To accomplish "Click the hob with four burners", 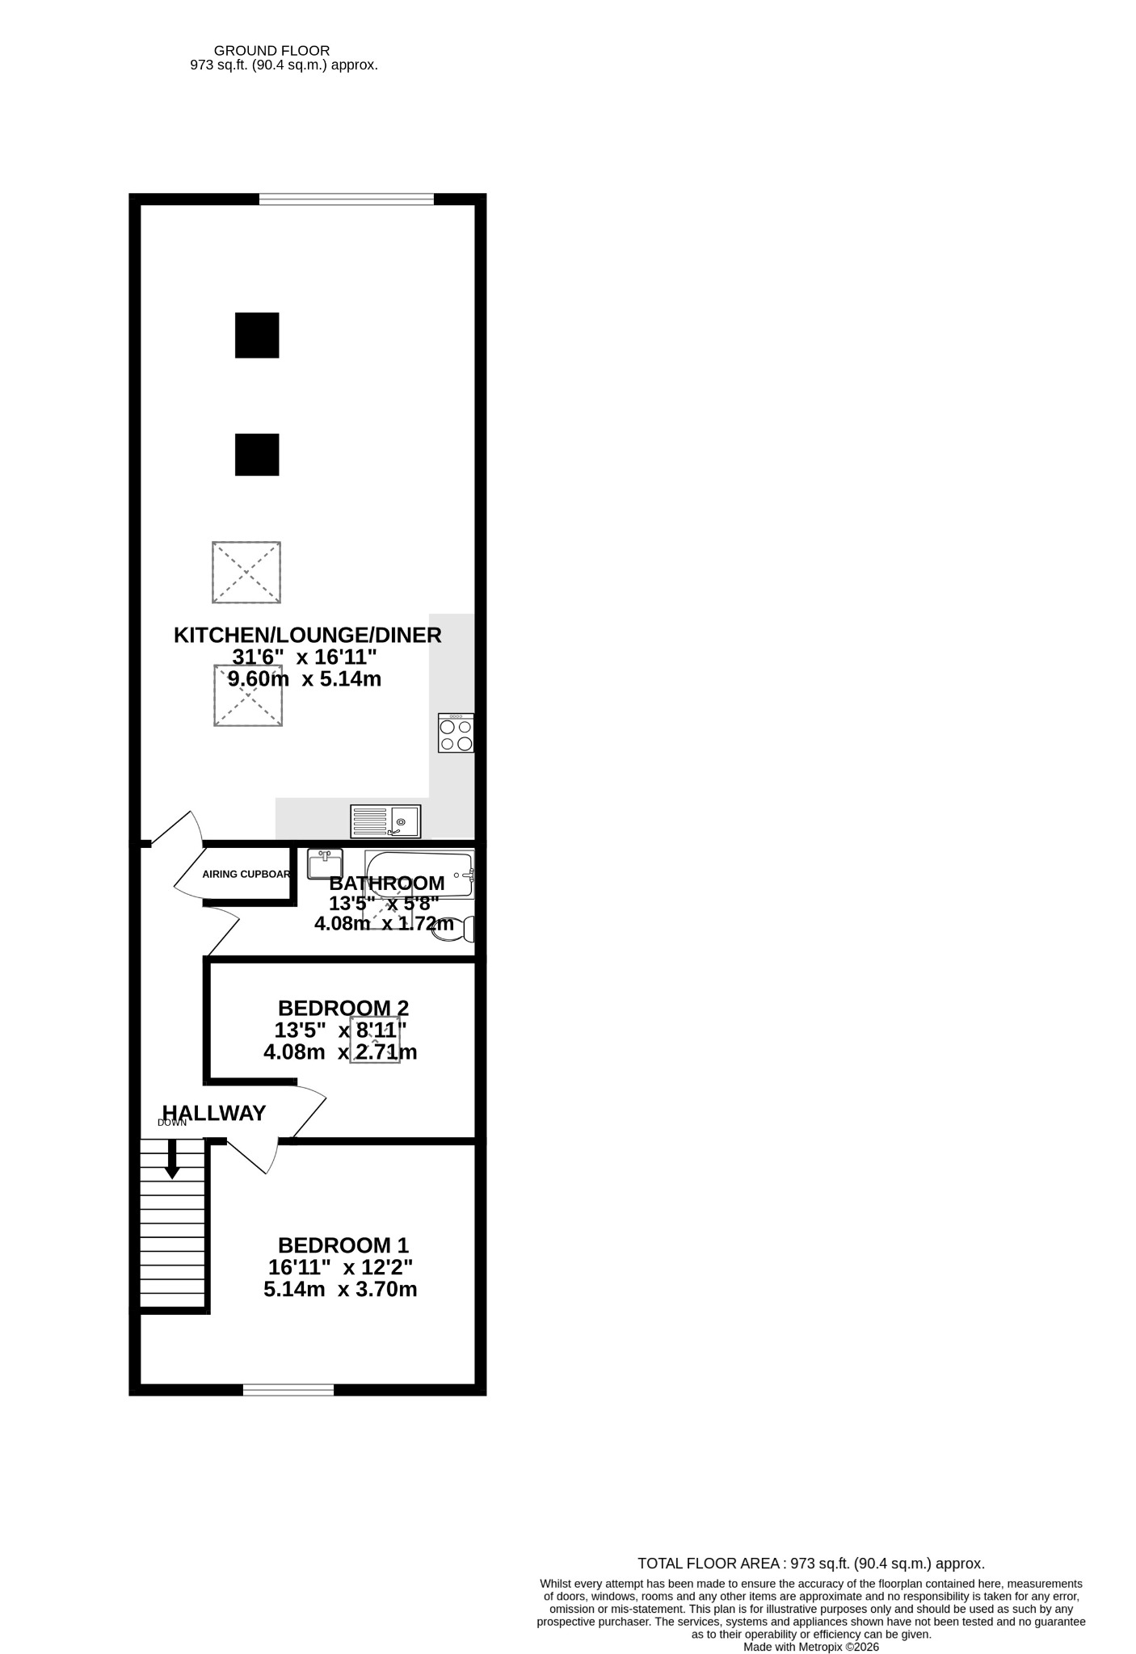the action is point(456,733).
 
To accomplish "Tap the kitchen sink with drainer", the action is point(385,821).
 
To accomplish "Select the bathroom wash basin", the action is point(325,864).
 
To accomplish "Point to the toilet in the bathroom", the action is point(453,930).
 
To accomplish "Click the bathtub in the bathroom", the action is point(419,874).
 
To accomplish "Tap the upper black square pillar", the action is point(257,335).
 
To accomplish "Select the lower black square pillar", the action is point(257,455).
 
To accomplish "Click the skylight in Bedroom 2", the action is point(375,1040).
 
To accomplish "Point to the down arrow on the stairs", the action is point(172,1159).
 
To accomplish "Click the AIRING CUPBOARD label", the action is point(246,874).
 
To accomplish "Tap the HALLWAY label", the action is point(214,1113).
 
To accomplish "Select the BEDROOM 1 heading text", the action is point(343,1245).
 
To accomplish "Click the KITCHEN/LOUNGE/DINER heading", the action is point(308,635).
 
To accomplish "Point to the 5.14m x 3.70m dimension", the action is point(340,1289).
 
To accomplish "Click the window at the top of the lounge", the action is point(347,199).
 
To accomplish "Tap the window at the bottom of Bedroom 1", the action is point(288,1389).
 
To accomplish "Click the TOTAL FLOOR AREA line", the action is point(811,1564).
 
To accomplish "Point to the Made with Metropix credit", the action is point(811,1647).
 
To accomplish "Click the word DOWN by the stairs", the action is point(172,1123).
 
